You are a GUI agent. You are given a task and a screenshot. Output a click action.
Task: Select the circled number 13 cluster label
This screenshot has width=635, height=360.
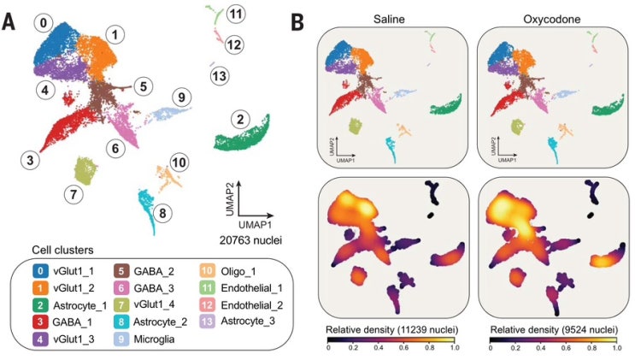pyautogui.click(x=220, y=76)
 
